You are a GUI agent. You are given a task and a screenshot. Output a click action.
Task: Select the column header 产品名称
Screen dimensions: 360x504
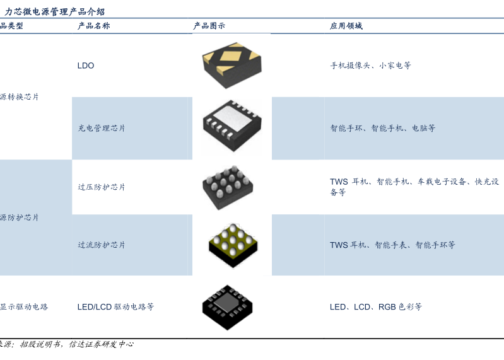coord(93,26)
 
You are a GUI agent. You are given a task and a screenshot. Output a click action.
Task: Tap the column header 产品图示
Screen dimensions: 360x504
coord(209,26)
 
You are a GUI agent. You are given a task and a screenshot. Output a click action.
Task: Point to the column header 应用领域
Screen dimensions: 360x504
coord(346,26)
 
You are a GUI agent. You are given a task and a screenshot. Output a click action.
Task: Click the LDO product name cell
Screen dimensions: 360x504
coord(86,66)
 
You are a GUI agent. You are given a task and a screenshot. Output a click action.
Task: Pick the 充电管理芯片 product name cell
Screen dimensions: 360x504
coord(102,128)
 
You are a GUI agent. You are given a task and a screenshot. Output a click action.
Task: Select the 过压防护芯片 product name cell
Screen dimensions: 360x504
coord(102,187)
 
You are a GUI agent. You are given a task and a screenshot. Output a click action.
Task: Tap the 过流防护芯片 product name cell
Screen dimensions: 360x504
coord(102,245)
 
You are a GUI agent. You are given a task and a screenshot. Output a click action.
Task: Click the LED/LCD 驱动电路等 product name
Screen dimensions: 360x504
coord(115,307)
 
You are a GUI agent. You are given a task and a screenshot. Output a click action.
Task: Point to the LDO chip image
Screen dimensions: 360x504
coord(231,65)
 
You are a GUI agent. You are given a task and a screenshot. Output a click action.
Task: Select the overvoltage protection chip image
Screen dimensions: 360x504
coord(228,187)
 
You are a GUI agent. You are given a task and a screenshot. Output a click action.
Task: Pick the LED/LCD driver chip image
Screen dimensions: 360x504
coord(231,308)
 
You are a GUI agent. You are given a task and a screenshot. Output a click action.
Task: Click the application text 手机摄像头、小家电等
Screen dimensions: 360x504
coord(370,66)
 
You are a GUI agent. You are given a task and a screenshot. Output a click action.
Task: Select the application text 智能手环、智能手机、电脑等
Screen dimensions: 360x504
coord(382,128)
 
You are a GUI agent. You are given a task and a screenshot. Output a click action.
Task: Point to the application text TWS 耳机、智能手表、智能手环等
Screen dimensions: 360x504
coord(392,245)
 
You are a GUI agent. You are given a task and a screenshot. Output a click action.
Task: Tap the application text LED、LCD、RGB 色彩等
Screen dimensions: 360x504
coord(375,307)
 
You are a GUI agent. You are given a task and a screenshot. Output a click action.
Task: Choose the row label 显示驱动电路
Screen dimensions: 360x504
coord(24,307)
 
